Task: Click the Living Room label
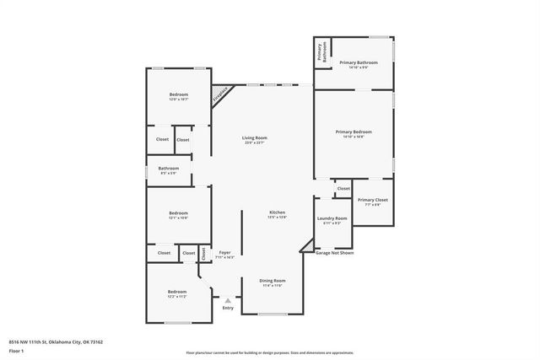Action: (x=255, y=137)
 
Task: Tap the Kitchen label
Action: (x=277, y=212)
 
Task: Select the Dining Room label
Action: (x=272, y=280)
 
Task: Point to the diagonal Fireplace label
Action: (x=220, y=94)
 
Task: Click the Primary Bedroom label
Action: (x=354, y=132)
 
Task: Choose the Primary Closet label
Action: (x=373, y=200)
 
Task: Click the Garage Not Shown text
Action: (x=334, y=252)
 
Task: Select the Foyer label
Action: (x=224, y=252)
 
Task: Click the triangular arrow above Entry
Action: (x=227, y=299)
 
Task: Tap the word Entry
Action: (x=227, y=308)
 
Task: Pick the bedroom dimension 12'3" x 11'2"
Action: (x=176, y=297)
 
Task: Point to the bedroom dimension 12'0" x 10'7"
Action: (x=178, y=99)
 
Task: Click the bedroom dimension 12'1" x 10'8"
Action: (x=177, y=218)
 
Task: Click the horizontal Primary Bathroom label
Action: (x=358, y=62)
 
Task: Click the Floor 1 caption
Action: (x=16, y=350)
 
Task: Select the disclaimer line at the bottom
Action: (x=269, y=352)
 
